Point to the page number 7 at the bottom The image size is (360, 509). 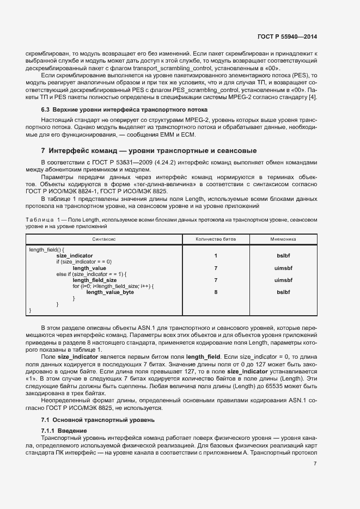[315, 464]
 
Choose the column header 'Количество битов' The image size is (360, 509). [215, 239]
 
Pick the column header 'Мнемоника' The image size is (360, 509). [283, 239]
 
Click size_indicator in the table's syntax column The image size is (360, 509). [75, 255]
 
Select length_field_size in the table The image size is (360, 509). [95, 280]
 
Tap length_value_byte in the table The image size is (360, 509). [110, 292]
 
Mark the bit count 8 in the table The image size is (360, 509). [216, 292]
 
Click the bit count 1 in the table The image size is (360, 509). [216, 255]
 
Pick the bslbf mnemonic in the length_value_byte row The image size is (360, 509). [283, 292]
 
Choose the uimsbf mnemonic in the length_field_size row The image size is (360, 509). [283, 280]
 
